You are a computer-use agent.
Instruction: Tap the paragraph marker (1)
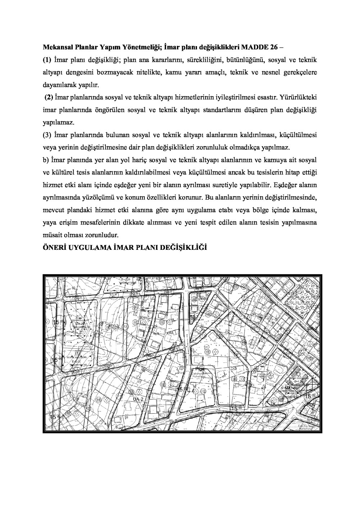pyautogui.click(x=47, y=59)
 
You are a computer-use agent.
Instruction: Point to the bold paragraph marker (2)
pyautogui.click(x=49, y=97)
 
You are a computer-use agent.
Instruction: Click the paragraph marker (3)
pyautogui.click(x=47, y=135)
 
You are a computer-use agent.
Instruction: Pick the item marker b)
pyautogui.click(x=46, y=159)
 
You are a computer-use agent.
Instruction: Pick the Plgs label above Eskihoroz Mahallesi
pyautogui.click(x=199, y=368)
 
